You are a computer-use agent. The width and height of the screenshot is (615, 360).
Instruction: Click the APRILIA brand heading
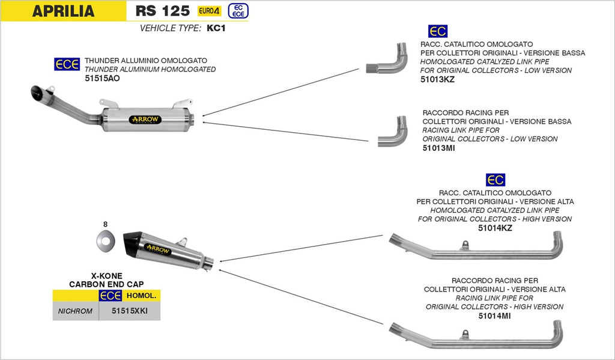coord(63,11)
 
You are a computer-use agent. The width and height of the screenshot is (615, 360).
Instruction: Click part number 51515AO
coord(102,78)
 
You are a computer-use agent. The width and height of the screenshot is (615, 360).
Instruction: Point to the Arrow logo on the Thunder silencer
coord(145,120)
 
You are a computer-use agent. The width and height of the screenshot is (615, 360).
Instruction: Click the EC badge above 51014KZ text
coord(495,180)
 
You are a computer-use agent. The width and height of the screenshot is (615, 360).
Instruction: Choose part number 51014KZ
coord(495,228)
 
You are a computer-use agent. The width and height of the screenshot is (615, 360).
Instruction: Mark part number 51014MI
coord(495,315)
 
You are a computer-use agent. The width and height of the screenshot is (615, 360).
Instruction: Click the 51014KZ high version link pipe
coord(474,248)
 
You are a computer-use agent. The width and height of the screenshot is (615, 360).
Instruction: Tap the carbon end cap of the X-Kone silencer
coord(134,244)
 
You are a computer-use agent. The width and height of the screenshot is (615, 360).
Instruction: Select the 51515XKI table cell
coord(129,311)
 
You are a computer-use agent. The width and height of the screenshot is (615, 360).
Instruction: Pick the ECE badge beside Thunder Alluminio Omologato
coord(67,64)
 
